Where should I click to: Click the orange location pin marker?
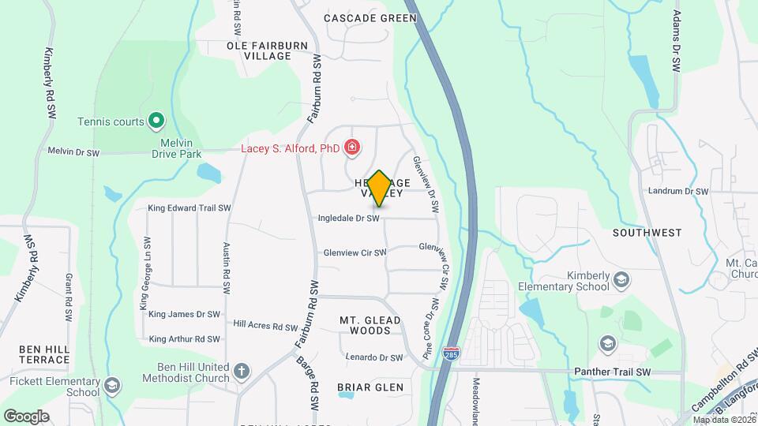click(x=379, y=188)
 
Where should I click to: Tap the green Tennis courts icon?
click(x=156, y=121)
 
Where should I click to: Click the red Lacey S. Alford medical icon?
click(x=352, y=148)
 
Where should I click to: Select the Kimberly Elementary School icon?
click(x=622, y=279)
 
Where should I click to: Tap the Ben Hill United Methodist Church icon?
click(x=242, y=370)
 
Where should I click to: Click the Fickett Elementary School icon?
click(x=112, y=385)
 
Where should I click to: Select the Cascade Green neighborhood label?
click(x=370, y=18)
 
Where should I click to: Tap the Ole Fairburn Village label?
click(x=267, y=51)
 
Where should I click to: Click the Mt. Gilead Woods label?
click(x=370, y=325)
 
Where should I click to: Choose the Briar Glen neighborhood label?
click(x=370, y=387)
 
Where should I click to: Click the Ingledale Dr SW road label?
click(x=348, y=218)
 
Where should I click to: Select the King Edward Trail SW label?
click(x=189, y=208)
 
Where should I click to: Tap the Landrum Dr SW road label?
click(x=679, y=191)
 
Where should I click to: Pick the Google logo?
click(x=26, y=416)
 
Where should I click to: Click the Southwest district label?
click(x=647, y=233)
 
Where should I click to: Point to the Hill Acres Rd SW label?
click(x=265, y=324)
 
